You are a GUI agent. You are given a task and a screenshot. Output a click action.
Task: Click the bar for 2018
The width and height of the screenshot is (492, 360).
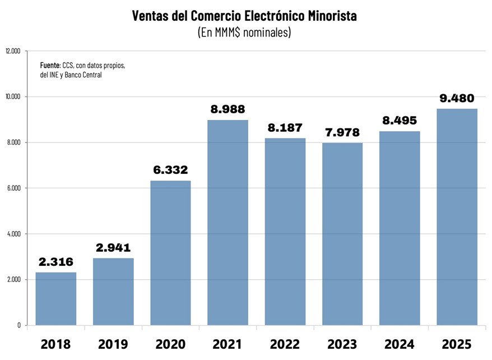coord(56,298)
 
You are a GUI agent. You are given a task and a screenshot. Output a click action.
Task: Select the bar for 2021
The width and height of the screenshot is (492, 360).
coord(228,223)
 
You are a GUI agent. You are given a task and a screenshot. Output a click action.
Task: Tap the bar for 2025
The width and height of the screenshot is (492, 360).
coord(457,217)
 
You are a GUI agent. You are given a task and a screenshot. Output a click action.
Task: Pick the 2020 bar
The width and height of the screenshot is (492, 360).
coord(170,253)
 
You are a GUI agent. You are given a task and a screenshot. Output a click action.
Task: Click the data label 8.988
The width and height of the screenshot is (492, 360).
coord(228,109)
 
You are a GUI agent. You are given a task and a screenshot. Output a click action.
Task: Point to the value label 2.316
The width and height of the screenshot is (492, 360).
coord(56,262)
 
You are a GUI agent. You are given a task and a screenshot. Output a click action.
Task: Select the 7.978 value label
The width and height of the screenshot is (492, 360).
coord(342,132)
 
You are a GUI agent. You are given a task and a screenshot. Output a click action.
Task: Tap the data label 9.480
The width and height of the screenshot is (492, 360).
coord(457,98)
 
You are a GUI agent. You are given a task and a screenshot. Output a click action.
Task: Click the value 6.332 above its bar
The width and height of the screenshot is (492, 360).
coord(170,170)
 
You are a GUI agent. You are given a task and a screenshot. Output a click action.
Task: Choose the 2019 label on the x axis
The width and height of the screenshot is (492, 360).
coord(113,344)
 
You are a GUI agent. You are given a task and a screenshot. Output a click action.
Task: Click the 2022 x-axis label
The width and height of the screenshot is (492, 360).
coord(285,344)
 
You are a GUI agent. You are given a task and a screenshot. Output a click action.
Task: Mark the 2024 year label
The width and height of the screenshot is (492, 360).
coord(400,344)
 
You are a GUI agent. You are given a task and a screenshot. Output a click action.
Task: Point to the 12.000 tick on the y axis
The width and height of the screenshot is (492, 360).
coord(12,51)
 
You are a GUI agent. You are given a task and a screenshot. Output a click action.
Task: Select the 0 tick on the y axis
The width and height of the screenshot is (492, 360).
coord(18,325)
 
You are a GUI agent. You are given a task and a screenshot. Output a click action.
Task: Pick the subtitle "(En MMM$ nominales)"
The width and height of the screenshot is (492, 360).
coord(244,33)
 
